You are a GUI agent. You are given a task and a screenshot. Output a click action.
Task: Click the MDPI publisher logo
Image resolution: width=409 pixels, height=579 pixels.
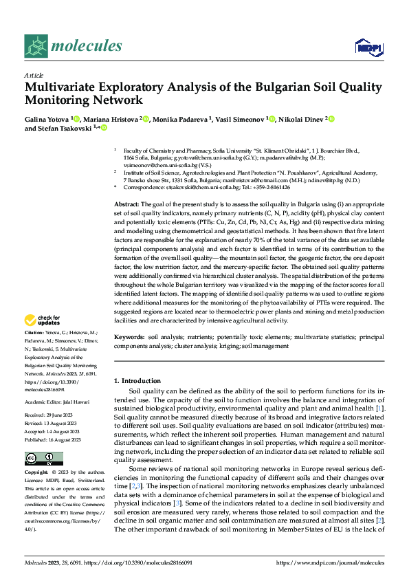[368, 47]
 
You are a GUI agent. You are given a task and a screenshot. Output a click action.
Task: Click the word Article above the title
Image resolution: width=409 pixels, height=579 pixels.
[34, 74]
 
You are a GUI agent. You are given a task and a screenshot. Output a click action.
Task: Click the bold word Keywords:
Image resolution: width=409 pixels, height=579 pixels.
[129, 337]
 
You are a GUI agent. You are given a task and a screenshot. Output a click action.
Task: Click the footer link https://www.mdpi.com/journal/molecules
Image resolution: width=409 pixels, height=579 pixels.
[330, 563]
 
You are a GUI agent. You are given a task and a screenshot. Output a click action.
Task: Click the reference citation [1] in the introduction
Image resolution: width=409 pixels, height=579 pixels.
[379, 409]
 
